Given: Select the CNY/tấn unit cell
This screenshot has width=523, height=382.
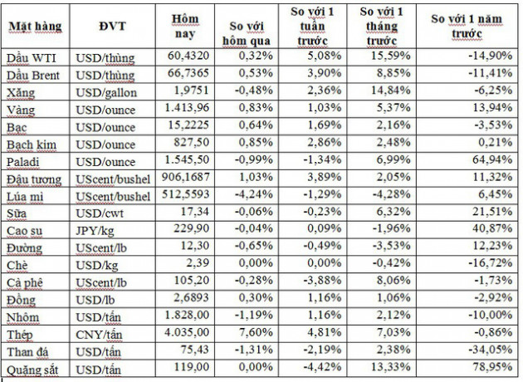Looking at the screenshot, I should click(110, 333).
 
